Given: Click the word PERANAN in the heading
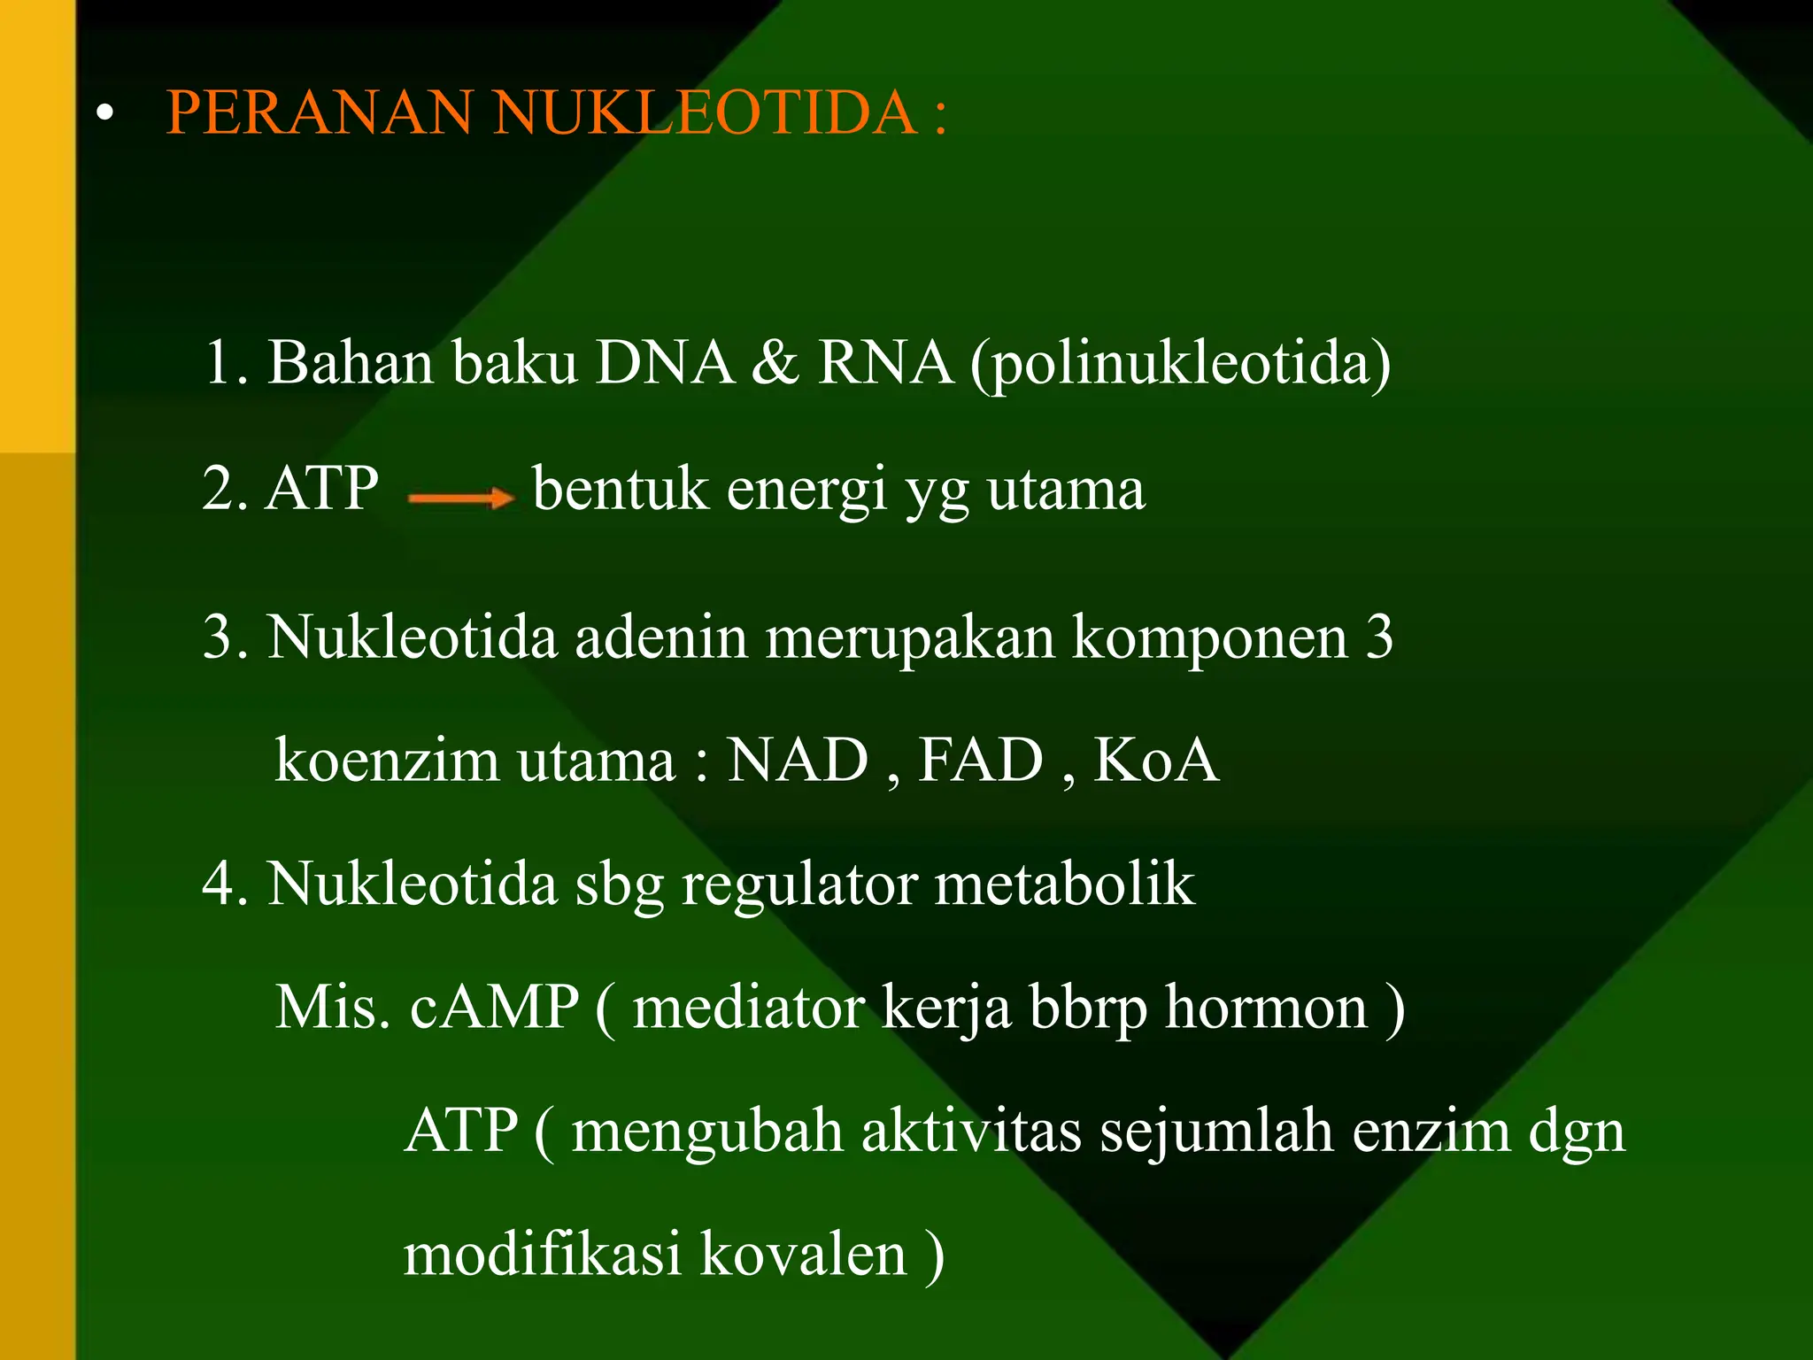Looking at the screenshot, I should tap(319, 112).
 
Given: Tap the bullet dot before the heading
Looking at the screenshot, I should tap(106, 113).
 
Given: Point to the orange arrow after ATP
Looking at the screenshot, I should tap(460, 498).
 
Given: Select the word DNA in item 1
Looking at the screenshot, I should tap(665, 363).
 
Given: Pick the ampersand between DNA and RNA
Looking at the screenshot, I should tap(775, 363).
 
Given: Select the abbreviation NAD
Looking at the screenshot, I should tap(798, 761).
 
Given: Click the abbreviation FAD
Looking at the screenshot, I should tap(981, 761).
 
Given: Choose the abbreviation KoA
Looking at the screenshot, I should tap(1156, 761).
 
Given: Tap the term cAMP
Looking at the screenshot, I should tap(494, 1008).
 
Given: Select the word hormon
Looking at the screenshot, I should tap(1266, 1008).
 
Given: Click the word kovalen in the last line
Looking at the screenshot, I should tap(804, 1255).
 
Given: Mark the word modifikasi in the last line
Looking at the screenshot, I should tap(543, 1255).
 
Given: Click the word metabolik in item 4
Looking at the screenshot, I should tap(1065, 885).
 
